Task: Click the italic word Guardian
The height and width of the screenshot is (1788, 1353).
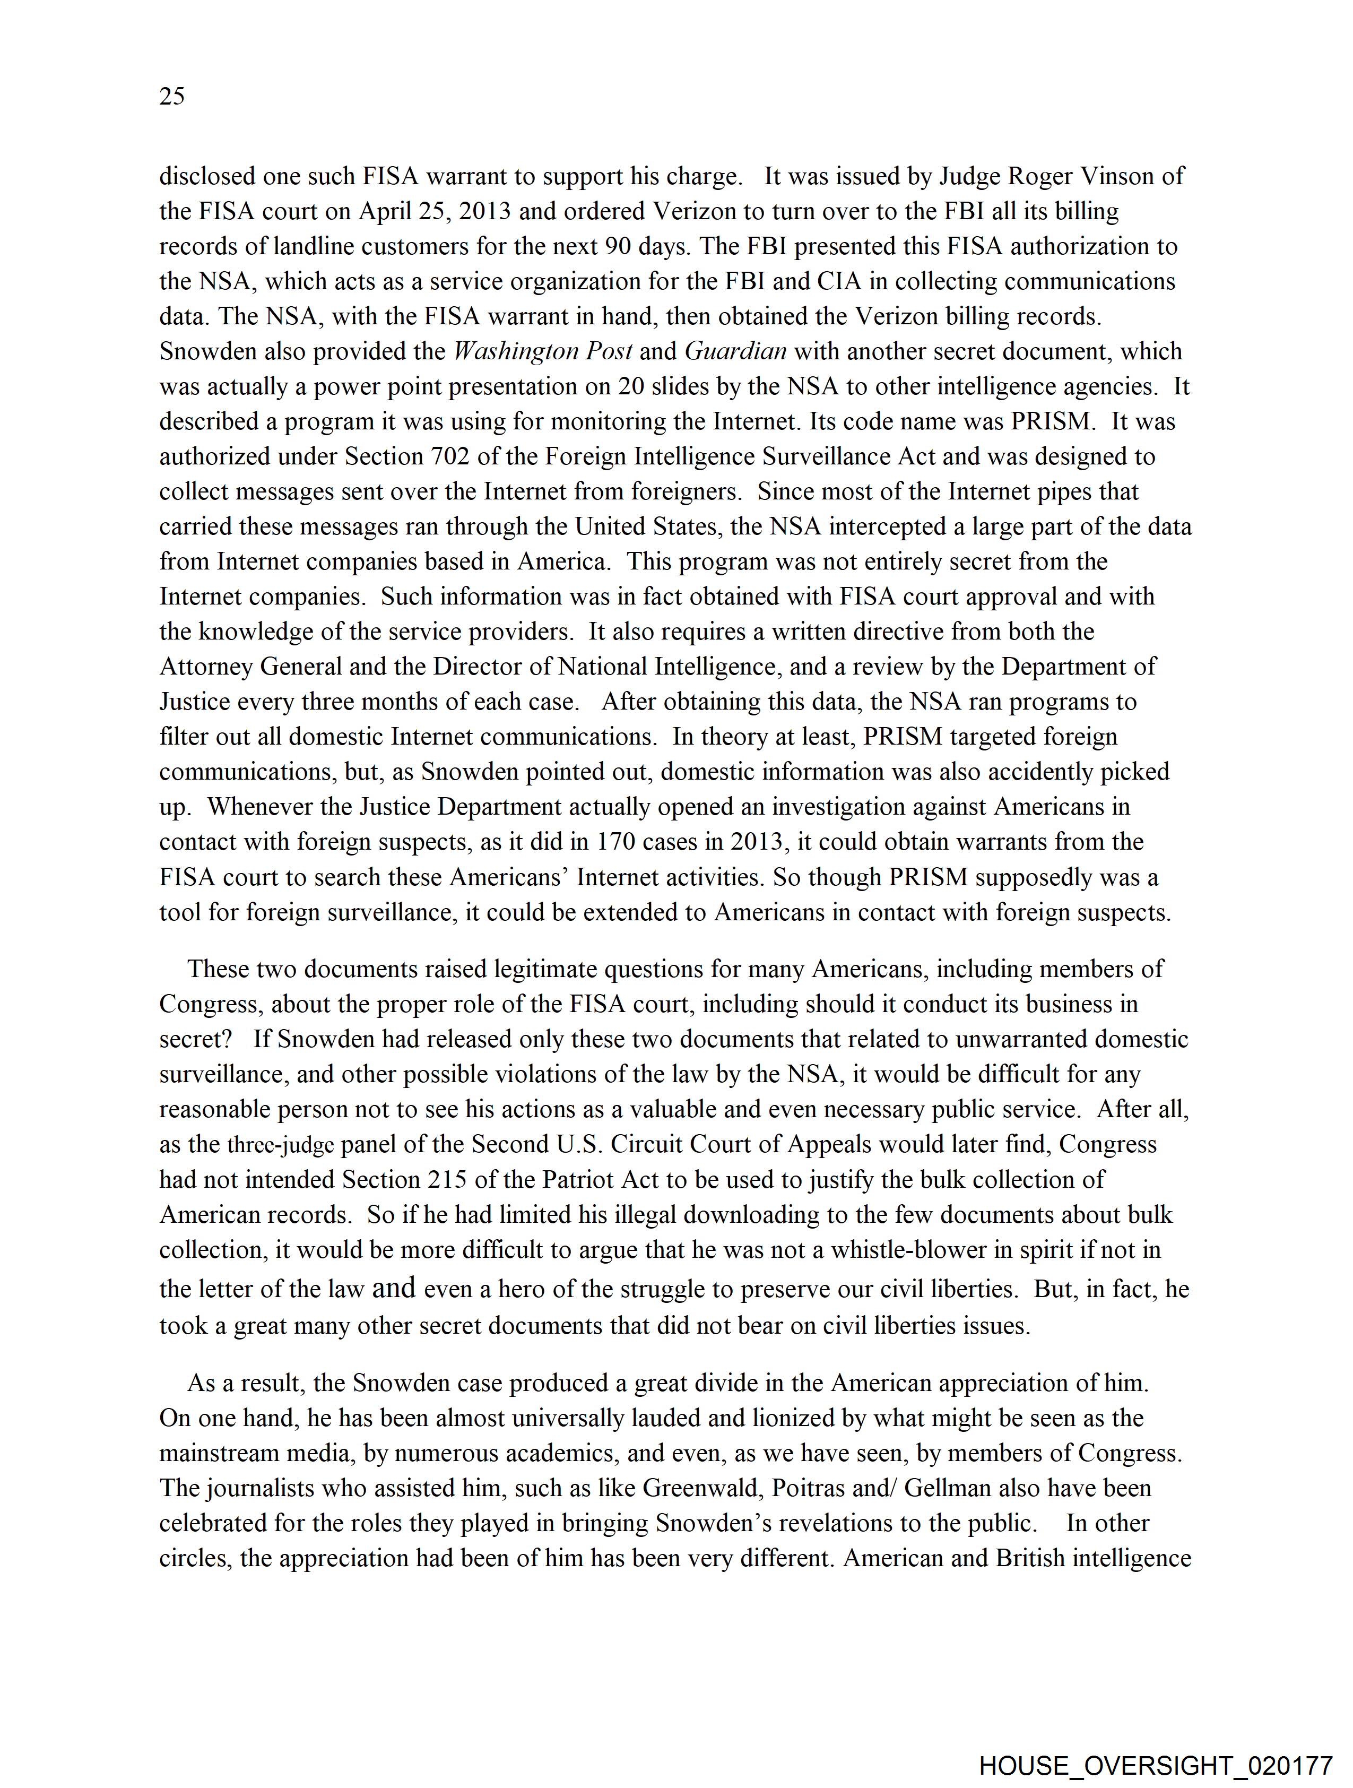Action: (x=735, y=352)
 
